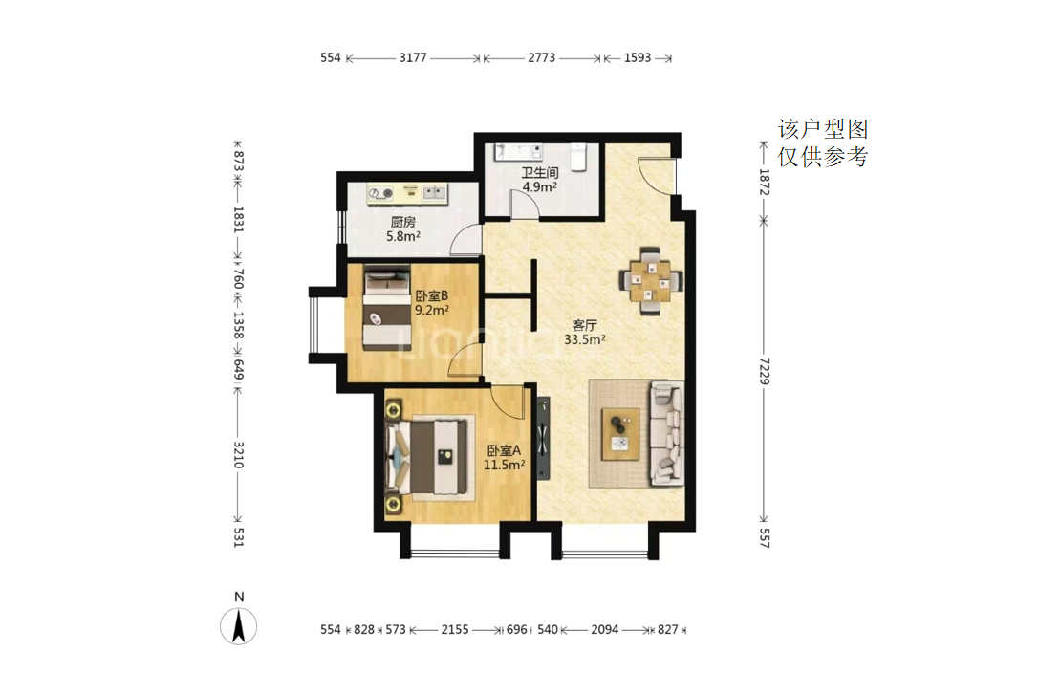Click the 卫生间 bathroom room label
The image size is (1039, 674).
(x=539, y=173)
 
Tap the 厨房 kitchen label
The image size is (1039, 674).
(x=402, y=222)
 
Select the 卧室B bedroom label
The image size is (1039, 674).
(x=432, y=295)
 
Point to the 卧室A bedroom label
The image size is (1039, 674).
(x=504, y=450)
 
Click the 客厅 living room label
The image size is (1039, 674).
(x=584, y=325)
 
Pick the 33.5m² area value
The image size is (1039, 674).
(x=584, y=340)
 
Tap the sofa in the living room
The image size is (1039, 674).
(x=666, y=432)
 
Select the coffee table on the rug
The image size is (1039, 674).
(x=620, y=434)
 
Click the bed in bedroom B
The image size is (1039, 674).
(x=387, y=307)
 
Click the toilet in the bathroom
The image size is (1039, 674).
(x=578, y=157)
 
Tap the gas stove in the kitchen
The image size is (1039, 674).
(x=381, y=193)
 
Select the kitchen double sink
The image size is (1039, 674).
(x=434, y=193)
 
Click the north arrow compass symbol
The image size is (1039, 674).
(x=239, y=626)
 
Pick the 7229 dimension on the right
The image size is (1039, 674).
(x=764, y=371)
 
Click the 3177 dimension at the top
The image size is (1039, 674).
(x=413, y=57)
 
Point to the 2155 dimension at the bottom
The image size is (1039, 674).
(x=455, y=630)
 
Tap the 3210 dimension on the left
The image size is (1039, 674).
(x=239, y=455)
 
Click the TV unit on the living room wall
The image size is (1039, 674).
(x=543, y=438)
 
